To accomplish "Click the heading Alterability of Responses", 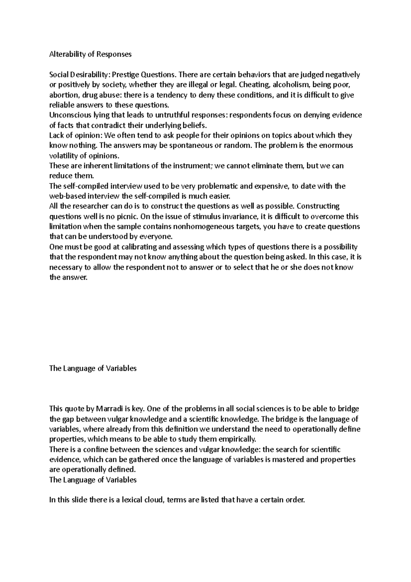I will [x=90, y=54].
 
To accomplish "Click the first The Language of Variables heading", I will [x=93, y=368].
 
